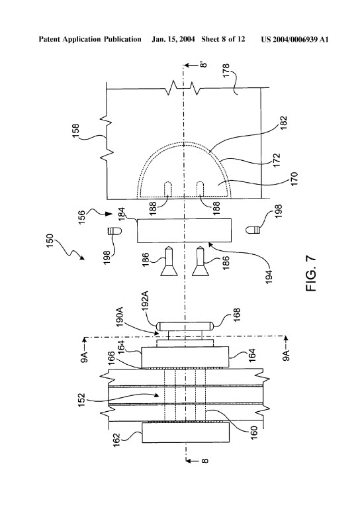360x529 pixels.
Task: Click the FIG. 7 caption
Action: [x=311, y=274]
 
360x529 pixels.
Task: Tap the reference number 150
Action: [x=50, y=241]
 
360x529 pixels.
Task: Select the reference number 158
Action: [x=75, y=131]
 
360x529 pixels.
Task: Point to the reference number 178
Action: [x=226, y=70]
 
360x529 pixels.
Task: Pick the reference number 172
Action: [x=277, y=161]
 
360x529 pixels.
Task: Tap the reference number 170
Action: [x=294, y=179]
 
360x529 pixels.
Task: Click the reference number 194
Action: [x=268, y=276]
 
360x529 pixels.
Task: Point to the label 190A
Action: [x=120, y=317]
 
